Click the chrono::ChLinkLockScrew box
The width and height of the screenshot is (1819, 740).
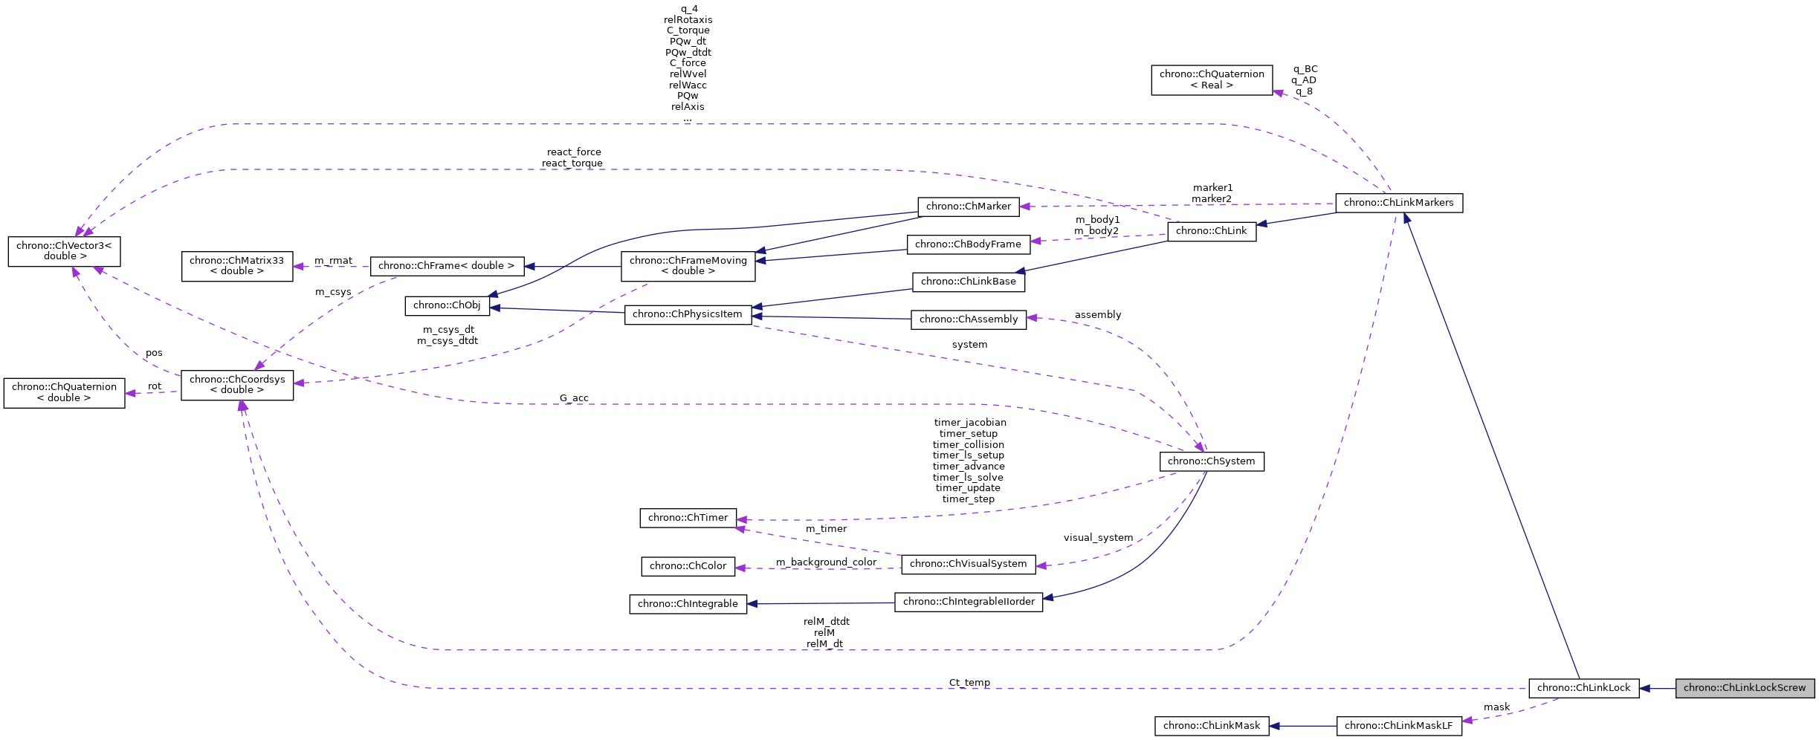[x=1744, y=688]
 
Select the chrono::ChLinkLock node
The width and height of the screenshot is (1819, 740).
[x=1583, y=688]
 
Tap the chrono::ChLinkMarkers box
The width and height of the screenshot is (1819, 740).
[x=1398, y=203]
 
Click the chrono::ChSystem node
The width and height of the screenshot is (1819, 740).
[x=1211, y=461]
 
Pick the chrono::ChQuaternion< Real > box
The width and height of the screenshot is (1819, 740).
[x=1212, y=79]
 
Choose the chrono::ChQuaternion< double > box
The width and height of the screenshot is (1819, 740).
[x=64, y=392]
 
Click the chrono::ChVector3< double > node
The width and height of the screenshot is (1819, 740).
[x=64, y=251]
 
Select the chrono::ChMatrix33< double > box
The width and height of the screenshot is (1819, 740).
[x=236, y=266]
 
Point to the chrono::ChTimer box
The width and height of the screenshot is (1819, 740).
[x=688, y=518]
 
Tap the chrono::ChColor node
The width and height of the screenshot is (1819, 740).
[x=688, y=566]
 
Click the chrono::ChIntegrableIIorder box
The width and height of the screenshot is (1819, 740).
[x=968, y=602]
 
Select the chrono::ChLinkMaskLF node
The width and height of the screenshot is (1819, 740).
[x=1398, y=726]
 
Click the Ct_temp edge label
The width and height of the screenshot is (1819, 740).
[x=969, y=683]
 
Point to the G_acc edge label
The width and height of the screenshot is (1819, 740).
[x=574, y=398]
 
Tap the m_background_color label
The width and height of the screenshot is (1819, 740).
[x=826, y=562]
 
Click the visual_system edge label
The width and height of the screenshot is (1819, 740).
[x=1098, y=538]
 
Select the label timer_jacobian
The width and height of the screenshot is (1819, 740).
[x=970, y=423]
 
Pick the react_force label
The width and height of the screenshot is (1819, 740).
[x=574, y=152]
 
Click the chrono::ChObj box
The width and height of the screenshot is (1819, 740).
[x=447, y=305]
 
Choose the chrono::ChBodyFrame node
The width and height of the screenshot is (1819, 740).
[x=968, y=244]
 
